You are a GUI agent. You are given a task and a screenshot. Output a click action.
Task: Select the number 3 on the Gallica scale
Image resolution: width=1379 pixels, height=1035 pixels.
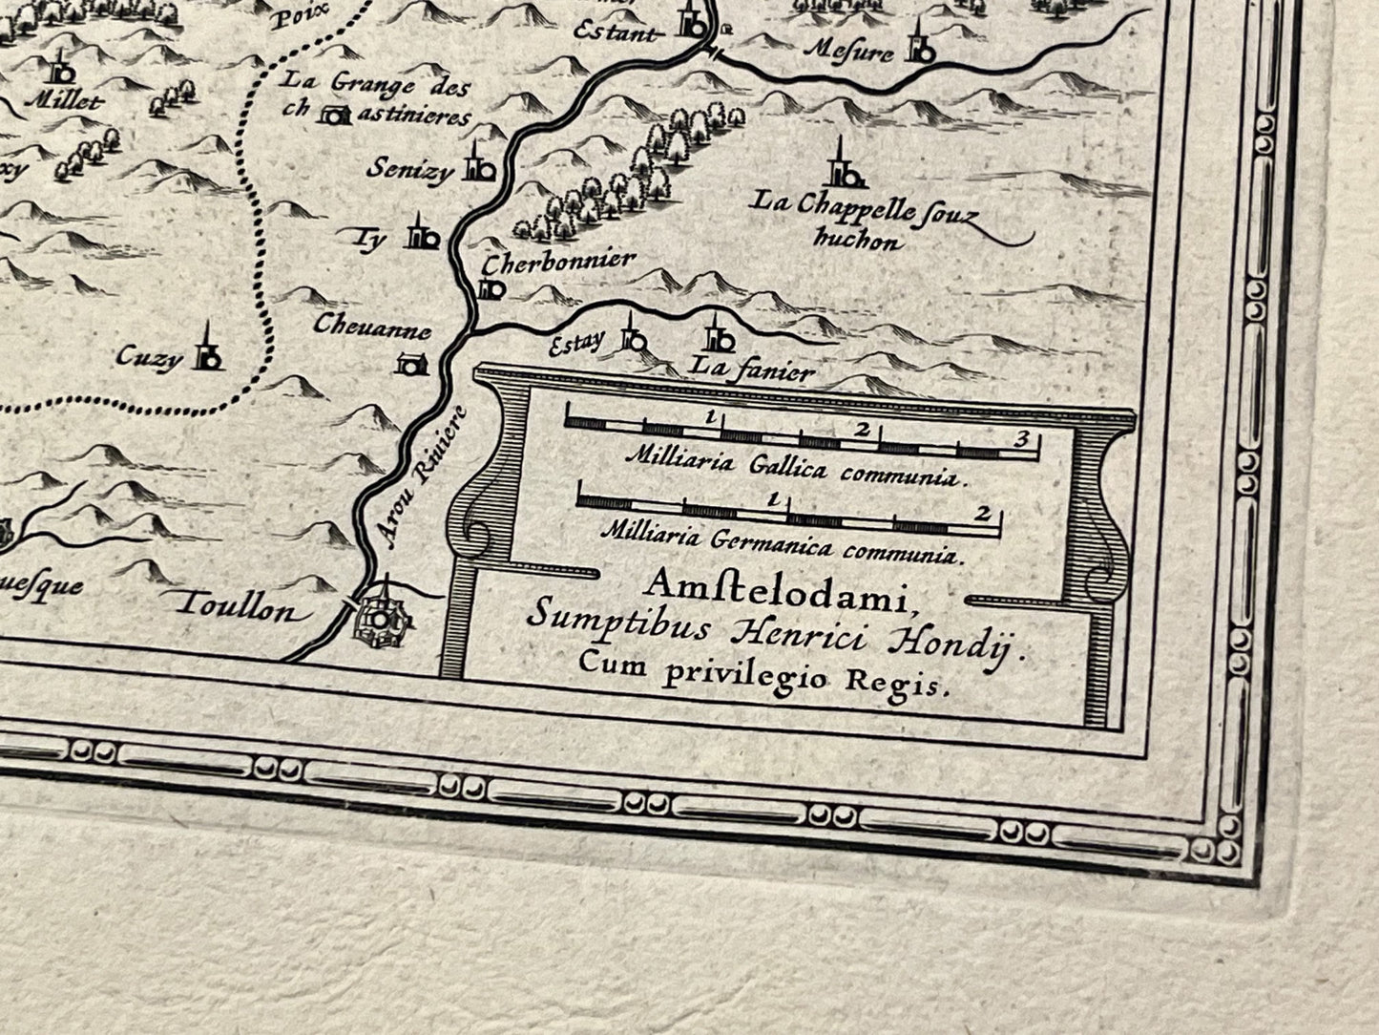tap(1021, 439)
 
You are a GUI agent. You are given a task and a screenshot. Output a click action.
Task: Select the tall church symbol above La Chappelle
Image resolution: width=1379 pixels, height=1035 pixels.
tap(843, 164)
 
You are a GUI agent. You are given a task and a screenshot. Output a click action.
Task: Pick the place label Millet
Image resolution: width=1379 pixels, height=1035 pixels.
tap(64, 100)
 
